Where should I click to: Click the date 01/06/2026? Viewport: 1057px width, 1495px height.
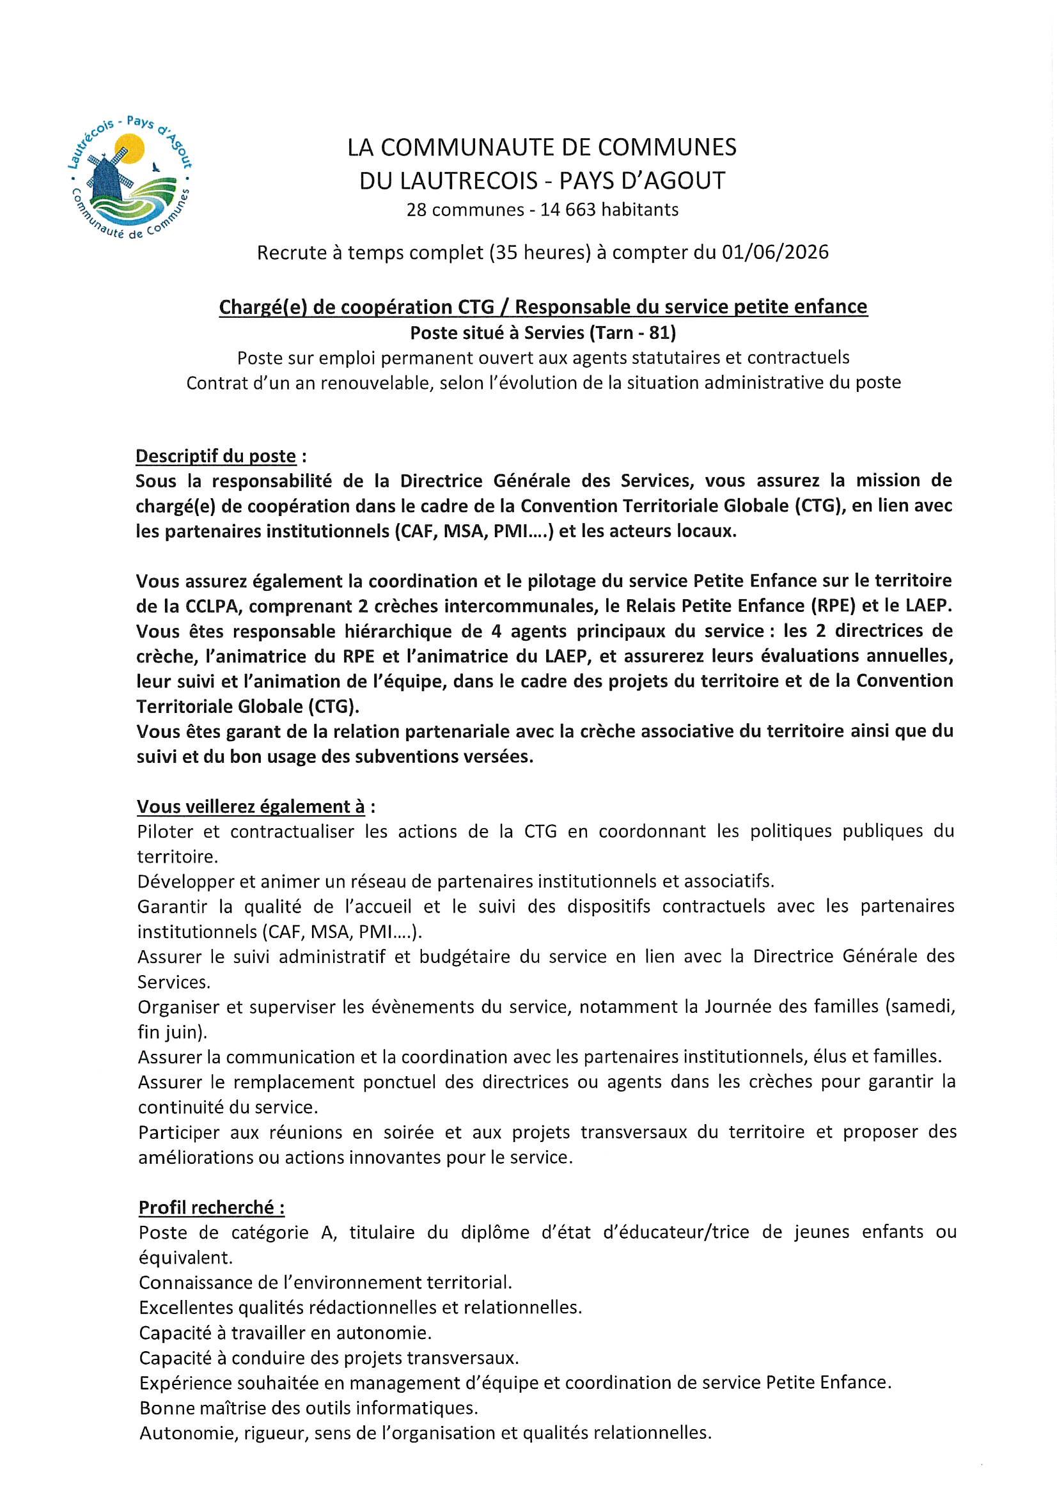tap(775, 252)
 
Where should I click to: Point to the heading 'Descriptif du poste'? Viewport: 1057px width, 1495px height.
tap(215, 456)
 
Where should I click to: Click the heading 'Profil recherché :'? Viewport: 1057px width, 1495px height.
tap(212, 1207)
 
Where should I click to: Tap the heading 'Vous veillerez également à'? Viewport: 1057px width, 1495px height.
tap(251, 806)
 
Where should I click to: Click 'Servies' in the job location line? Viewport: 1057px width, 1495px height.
tap(555, 333)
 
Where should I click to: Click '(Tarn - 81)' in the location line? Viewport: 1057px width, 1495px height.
tap(633, 333)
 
